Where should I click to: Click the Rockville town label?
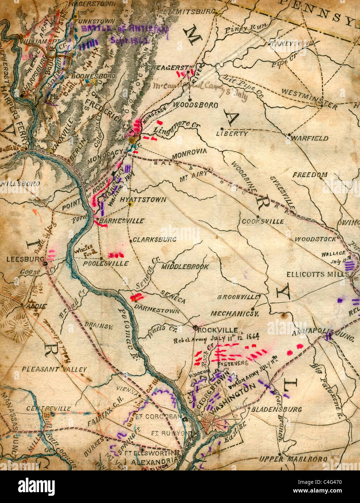coord(218,330)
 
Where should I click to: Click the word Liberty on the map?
coord(232,134)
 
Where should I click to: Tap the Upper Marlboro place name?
coord(293,459)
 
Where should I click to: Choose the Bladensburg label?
coord(276,409)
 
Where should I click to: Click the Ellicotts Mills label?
coord(318,274)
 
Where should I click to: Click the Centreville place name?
coord(49,408)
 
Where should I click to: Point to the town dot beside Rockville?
coord(195,328)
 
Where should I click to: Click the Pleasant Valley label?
coord(54,369)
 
